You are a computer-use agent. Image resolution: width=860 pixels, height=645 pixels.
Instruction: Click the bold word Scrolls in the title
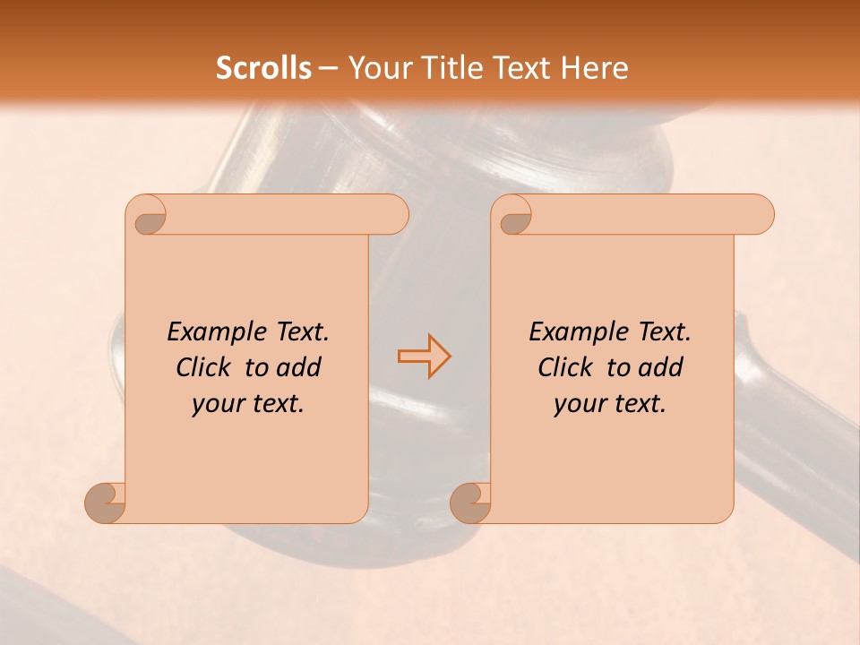click(264, 68)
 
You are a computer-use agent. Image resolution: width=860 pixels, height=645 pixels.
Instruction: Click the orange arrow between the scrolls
click(424, 356)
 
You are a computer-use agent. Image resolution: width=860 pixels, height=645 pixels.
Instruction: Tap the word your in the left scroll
click(217, 404)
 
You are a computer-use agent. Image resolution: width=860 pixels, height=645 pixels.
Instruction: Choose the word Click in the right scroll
click(566, 367)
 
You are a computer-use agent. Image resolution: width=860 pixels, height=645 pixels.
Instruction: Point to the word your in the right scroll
click(579, 404)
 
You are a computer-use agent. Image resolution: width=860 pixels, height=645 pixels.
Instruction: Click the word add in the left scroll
click(299, 367)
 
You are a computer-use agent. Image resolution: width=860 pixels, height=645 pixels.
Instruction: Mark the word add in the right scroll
click(661, 367)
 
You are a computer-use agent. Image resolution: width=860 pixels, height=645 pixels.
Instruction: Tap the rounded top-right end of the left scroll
click(394, 215)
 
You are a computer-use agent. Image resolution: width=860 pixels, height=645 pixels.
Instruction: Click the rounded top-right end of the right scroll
click(760, 215)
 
